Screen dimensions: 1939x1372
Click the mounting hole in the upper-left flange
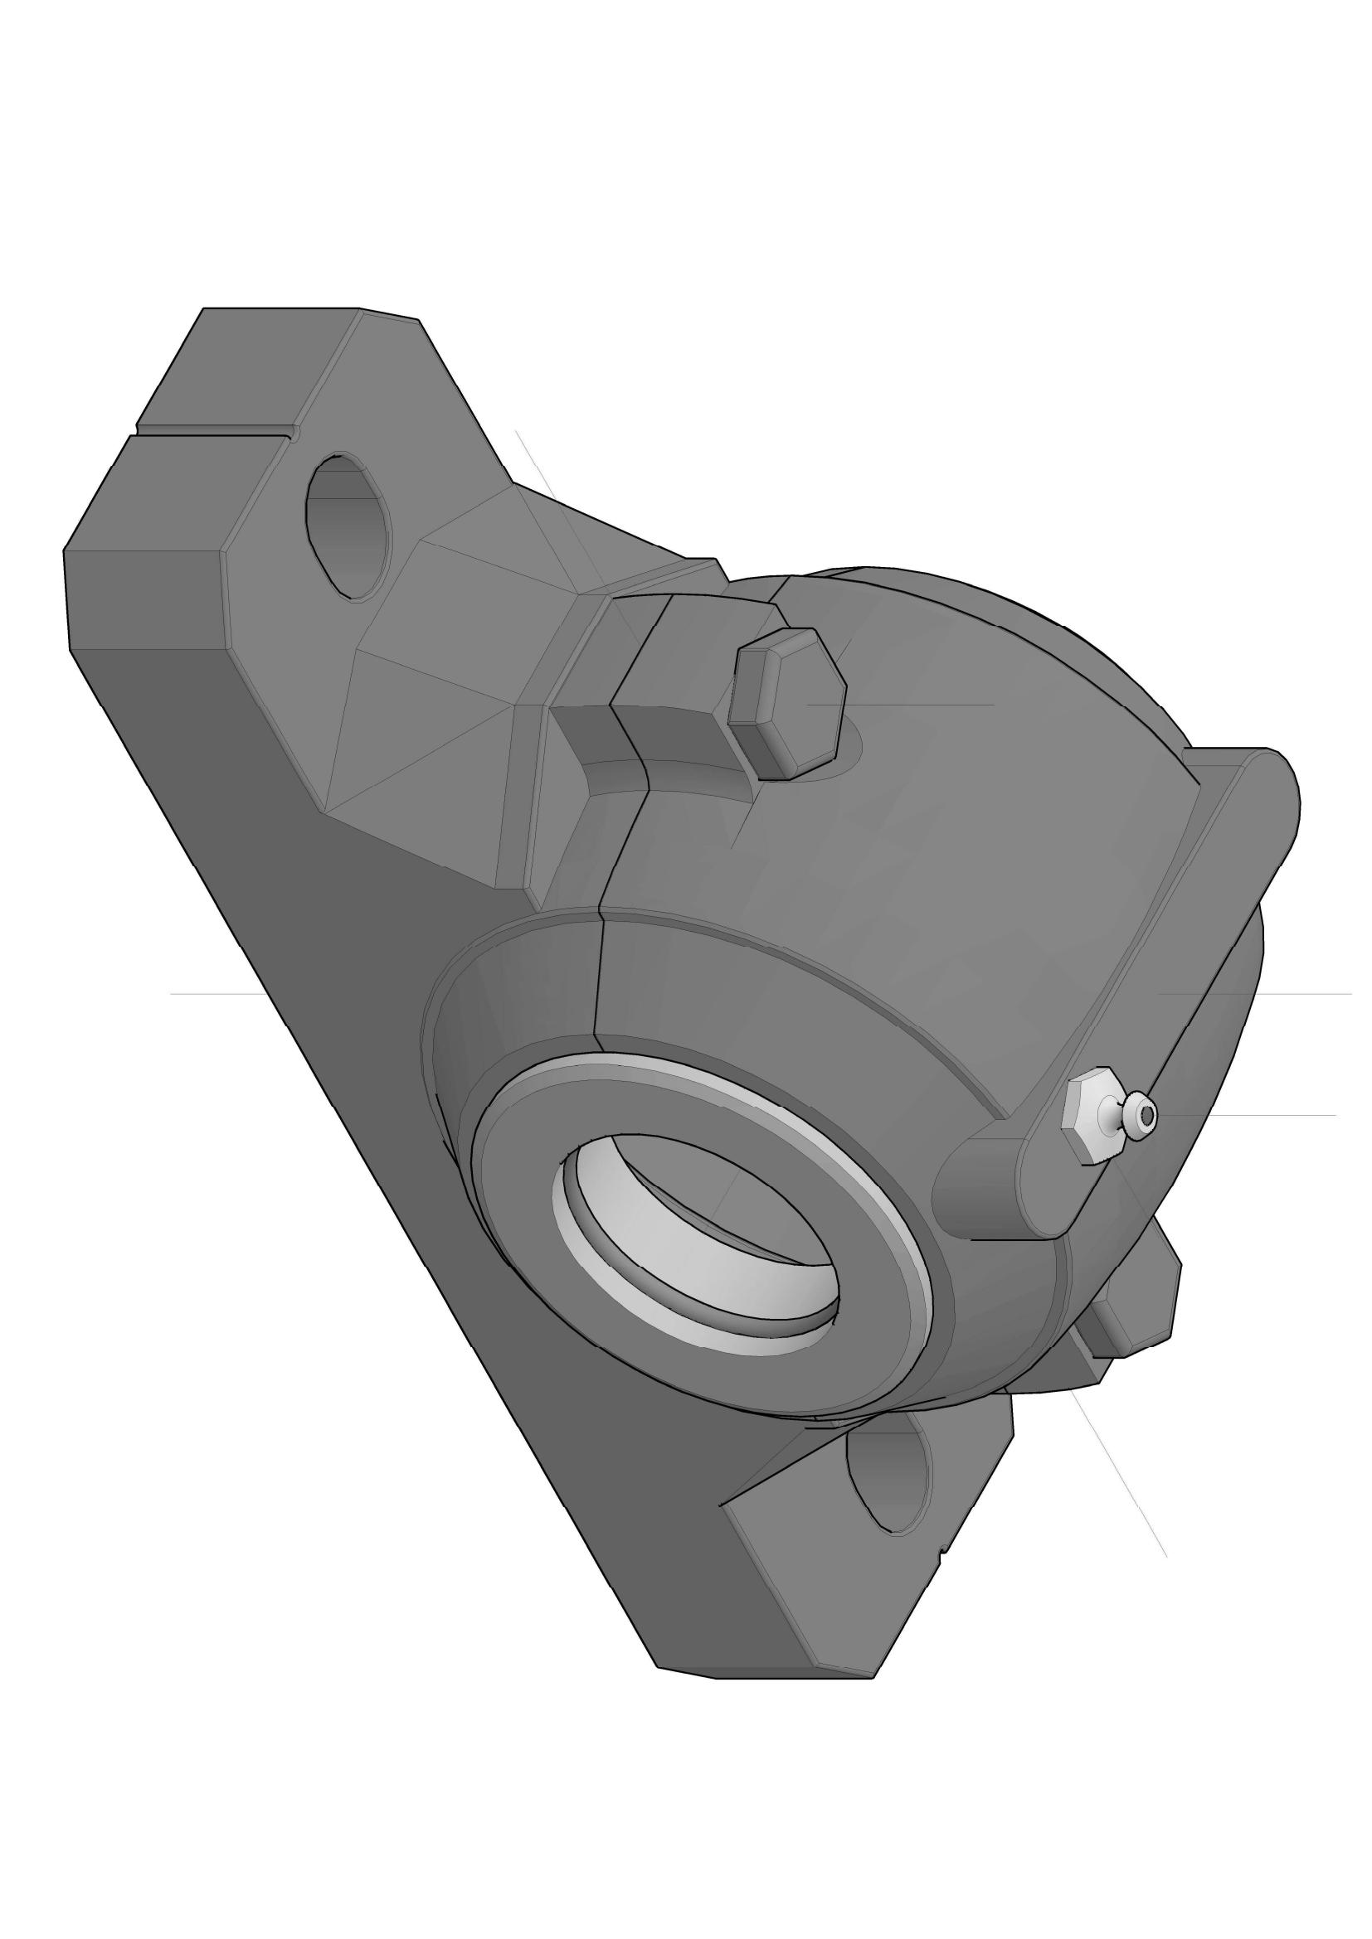pos(348,527)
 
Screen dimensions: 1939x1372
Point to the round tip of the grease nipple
pos(1145,1117)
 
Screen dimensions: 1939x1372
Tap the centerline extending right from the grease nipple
pos(1250,1116)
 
